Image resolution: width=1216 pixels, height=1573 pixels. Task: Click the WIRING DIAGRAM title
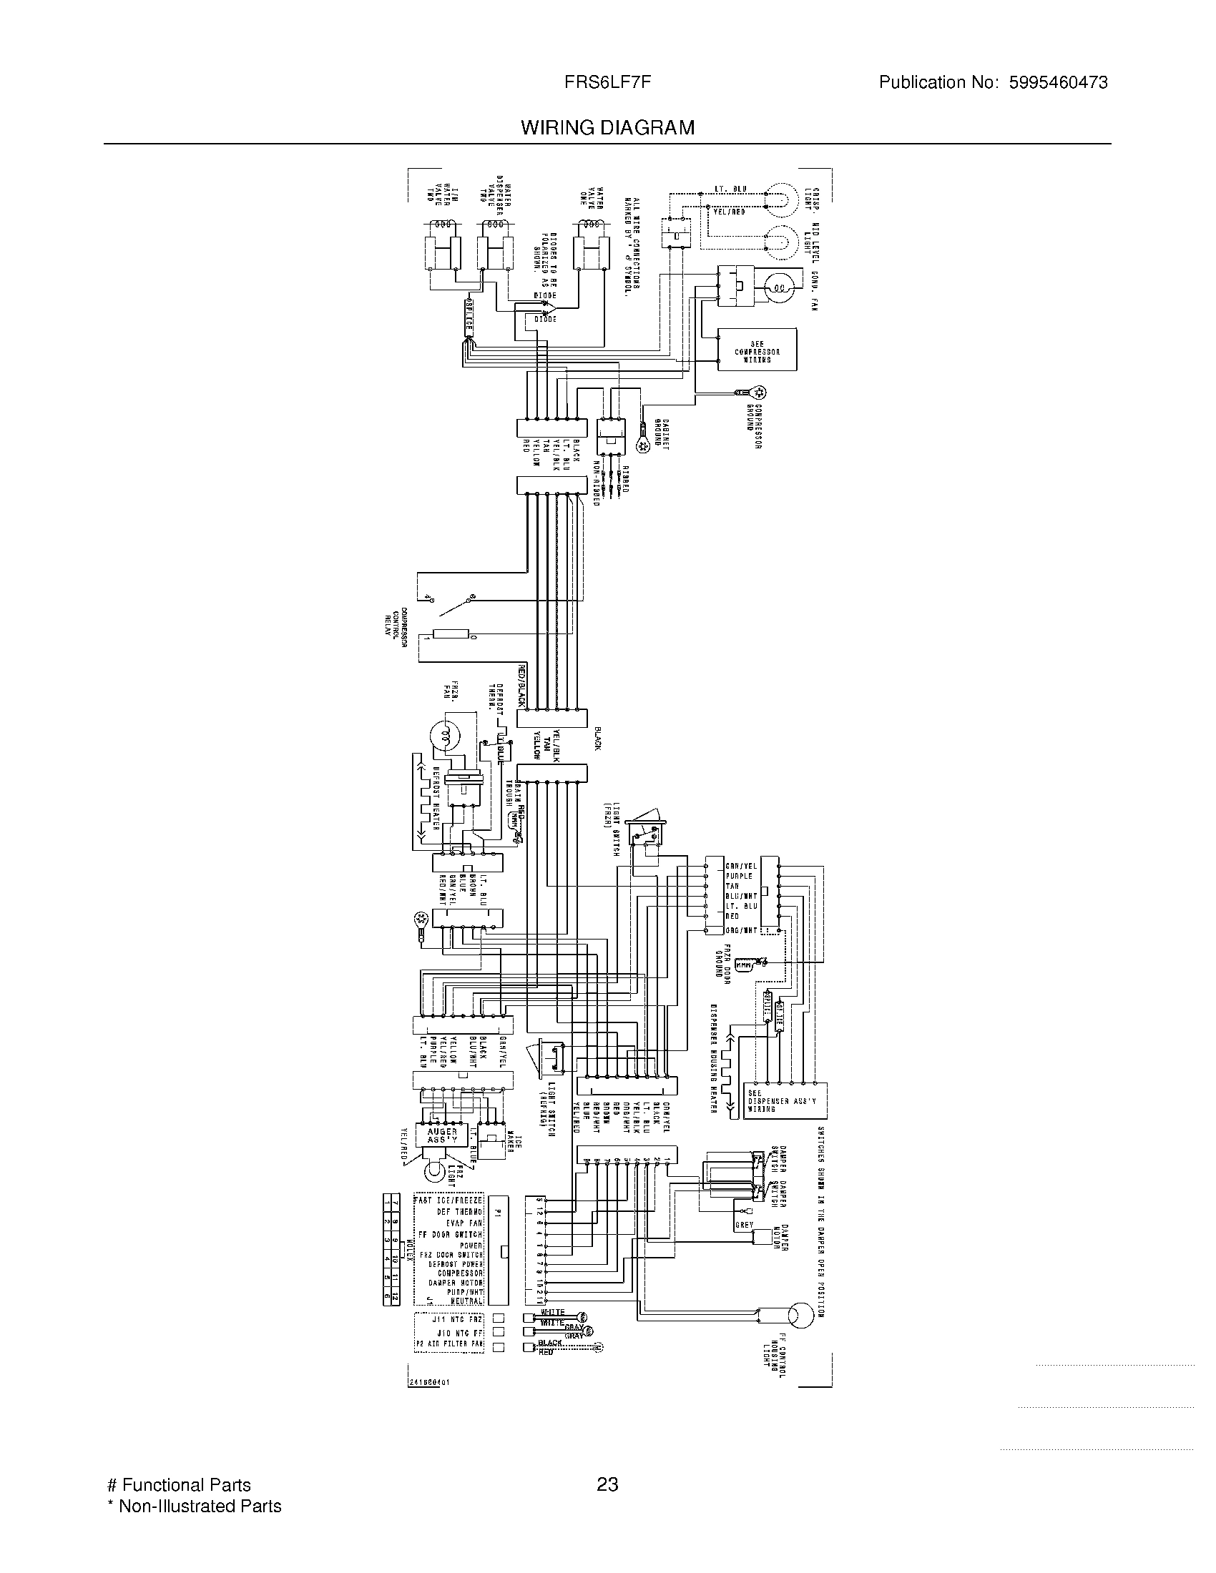[608, 128]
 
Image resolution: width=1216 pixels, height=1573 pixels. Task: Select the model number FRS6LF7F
[608, 82]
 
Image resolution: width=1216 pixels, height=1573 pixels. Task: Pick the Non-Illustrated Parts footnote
[194, 1505]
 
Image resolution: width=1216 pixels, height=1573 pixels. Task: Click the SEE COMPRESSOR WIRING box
[756, 350]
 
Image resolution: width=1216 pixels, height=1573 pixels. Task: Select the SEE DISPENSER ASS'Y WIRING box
[788, 1101]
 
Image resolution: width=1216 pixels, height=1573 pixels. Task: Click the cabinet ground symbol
[643, 446]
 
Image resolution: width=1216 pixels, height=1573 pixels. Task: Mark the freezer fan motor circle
[443, 735]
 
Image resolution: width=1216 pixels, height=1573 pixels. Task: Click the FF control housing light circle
[799, 1316]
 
